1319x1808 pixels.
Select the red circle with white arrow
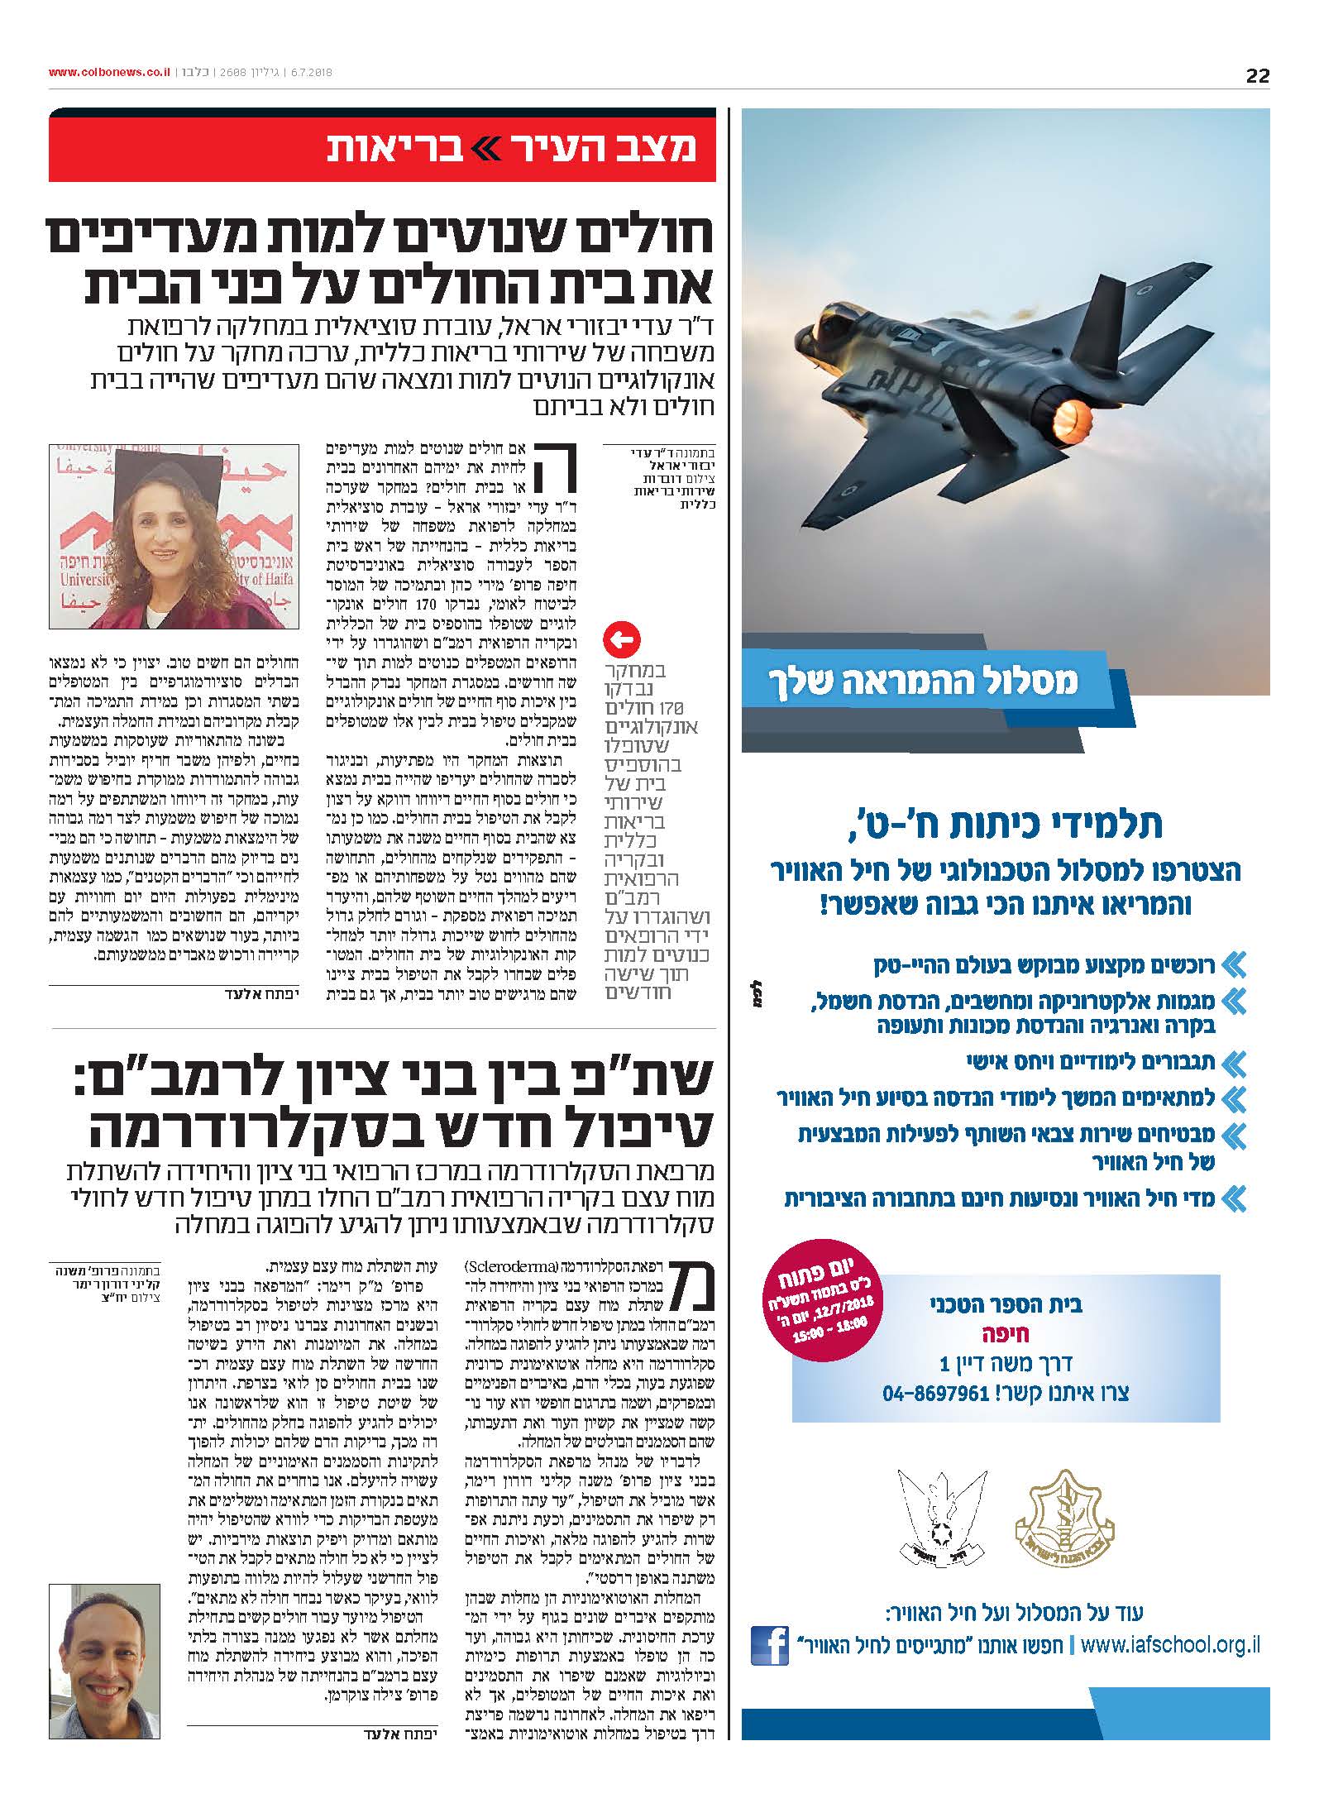point(621,639)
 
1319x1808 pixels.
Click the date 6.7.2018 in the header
point(310,73)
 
